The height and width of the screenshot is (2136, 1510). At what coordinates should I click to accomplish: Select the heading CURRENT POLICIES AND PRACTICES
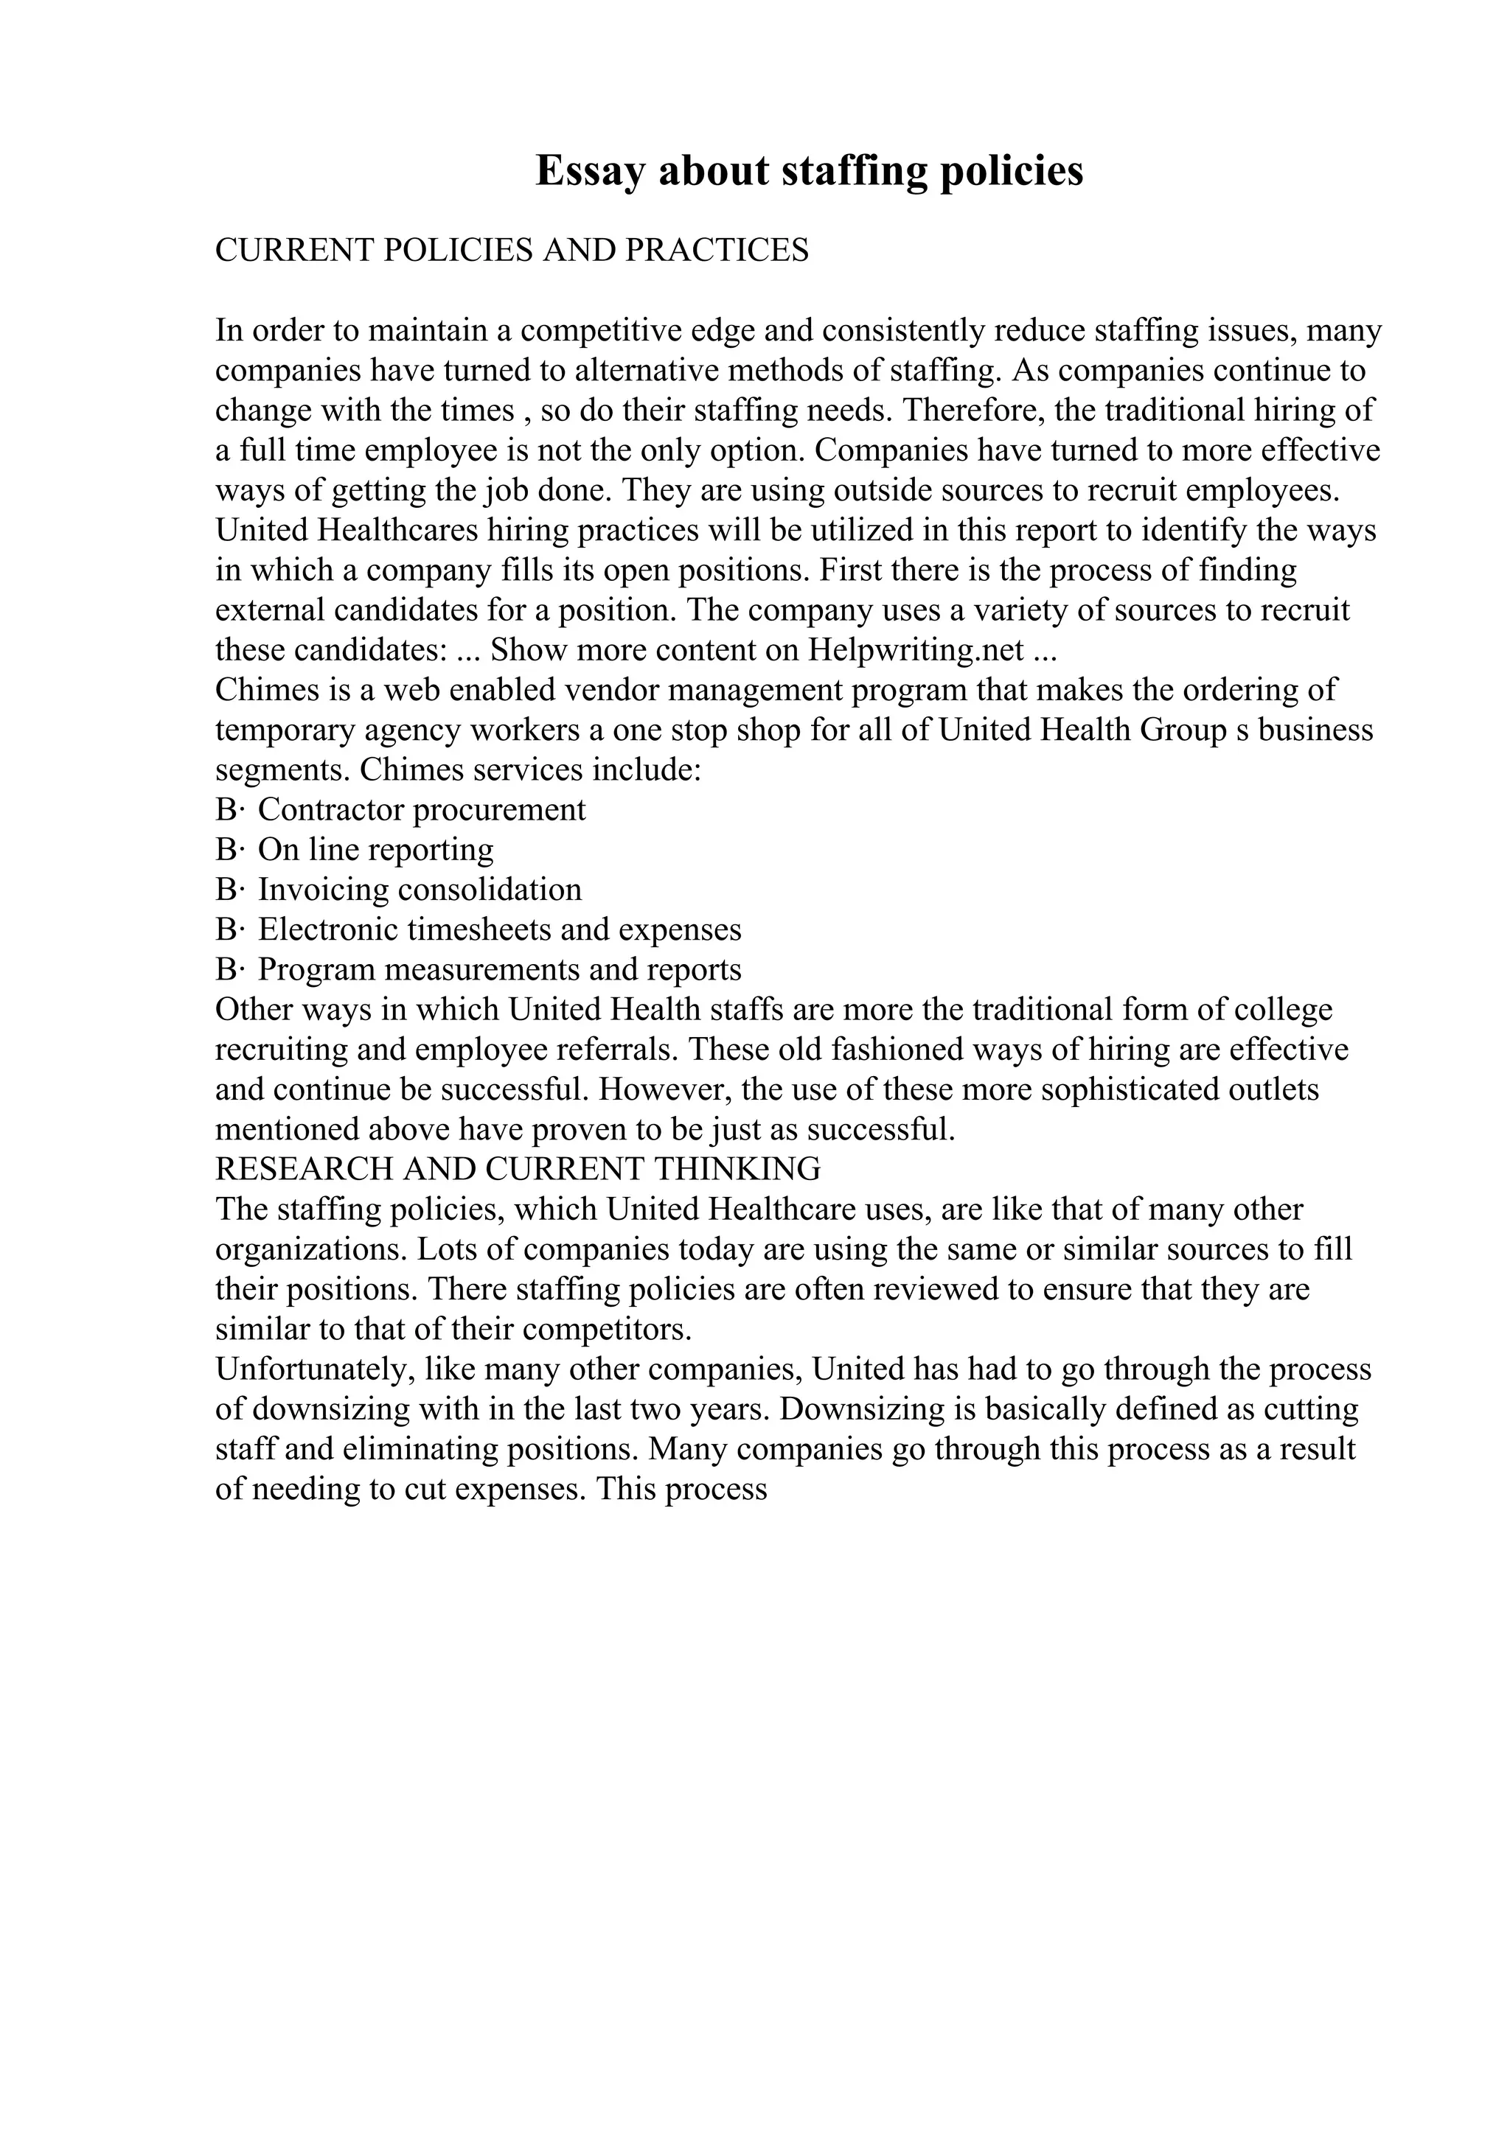tap(512, 251)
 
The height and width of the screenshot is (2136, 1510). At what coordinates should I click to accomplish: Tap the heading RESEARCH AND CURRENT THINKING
tap(518, 1168)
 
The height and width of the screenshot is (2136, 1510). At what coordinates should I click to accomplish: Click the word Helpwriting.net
tap(916, 650)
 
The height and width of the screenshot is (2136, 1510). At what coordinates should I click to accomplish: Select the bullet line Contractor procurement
tap(422, 810)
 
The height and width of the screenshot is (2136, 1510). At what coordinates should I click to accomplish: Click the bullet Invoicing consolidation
tap(420, 890)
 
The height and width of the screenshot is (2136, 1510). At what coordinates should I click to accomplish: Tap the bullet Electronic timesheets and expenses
tap(500, 930)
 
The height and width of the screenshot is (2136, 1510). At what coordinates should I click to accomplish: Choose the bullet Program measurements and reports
tap(500, 970)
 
